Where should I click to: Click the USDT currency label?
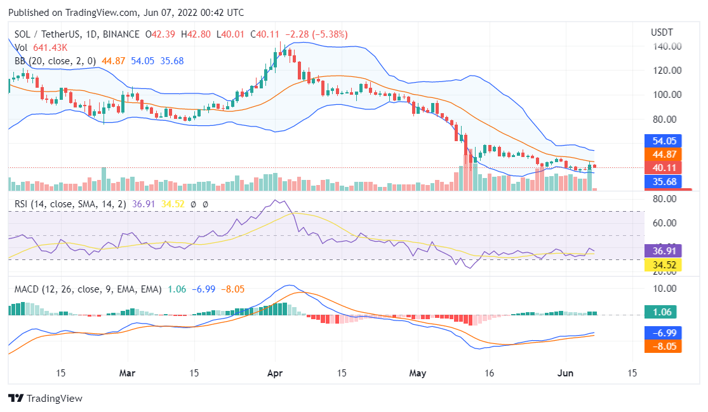pyautogui.click(x=662, y=32)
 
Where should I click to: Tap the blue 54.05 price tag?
pyautogui.click(x=663, y=141)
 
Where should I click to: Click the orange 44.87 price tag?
pyautogui.click(x=663, y=154)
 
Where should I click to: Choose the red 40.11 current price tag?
pyautogui.click(x=663, y=168)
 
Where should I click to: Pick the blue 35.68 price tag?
pyautogui.click(x=663, y=181)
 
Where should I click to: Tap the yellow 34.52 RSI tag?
pyautogui.click(x=663, y=264)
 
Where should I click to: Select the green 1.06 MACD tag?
pyautogui.click(x=663, y=312)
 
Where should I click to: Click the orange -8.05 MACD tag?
pyautogui.click(x=663, y=347)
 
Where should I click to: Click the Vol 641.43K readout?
pyautogui.click(x=42, y=48)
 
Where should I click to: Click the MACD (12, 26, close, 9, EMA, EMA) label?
pyautogui.click(x=88, y=289)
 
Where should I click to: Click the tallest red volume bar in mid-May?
pyautogui.click(x=466, y=172)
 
